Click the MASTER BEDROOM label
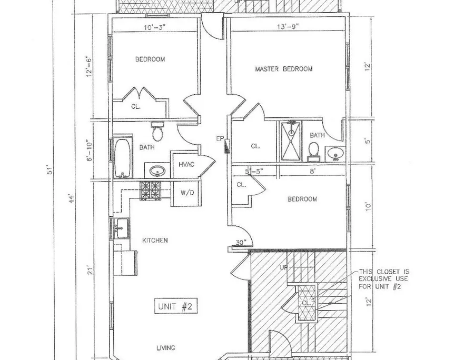pos(283,69)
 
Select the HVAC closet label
pos(186,165)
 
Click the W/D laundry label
pos(187,193)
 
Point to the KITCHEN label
pos(155,241)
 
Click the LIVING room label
pos(166,348)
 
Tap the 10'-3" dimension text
pos(155,27)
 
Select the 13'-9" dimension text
pos(288,26)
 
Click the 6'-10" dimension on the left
pos(90,150)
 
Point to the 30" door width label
pos(241,242)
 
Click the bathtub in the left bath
pos(123,158)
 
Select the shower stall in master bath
pos(291,140)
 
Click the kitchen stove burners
pos(150,191)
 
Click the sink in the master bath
pos(335,154)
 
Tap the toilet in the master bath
pos(314,152)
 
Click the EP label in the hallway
pos(220,138)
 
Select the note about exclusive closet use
pos(383,279)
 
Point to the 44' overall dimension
pos(72,199)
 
